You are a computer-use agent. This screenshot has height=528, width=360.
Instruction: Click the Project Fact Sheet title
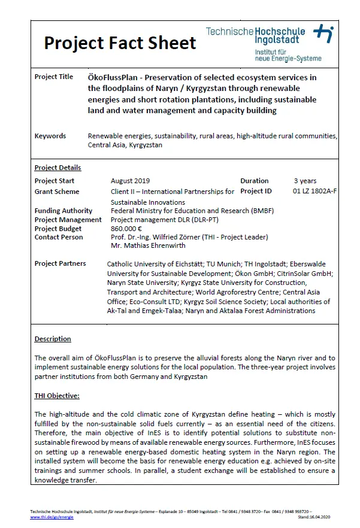pyautogui.click(x=120, y=43)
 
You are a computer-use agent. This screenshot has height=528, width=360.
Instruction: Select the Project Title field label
pyautogui.click(x=54, y=77)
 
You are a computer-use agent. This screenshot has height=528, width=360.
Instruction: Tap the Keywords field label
pyautogui.click(x=50, y=136)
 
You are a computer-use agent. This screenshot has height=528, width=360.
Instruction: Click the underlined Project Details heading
pyautogui.click(x=58, y=168)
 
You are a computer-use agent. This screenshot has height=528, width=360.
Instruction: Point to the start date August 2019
pyautogui.click(x=130, y=181)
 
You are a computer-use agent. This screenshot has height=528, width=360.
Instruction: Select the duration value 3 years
pyautogui.click(x=305, y=181)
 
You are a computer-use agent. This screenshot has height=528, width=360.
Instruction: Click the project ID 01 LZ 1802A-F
pyautogui.click(x=314, y=192)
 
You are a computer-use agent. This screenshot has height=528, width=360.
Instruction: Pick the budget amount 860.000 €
pyautogui.click(x=126, y=229)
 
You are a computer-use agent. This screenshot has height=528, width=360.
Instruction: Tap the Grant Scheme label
pyautogui.click(x=57, y=192)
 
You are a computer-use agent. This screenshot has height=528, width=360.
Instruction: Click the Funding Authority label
pyautogui.click(x=63, y=211)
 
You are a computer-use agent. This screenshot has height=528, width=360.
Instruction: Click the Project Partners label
pyautogui.click(x=60, y=263)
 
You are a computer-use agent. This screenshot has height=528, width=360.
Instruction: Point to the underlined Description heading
pyautogui.click(x=53, y=339)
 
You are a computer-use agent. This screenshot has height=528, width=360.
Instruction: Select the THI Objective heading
pyautogui.click(x=57, y=396)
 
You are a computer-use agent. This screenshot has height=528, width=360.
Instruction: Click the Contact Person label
pyautogui.click(x=59, y=237)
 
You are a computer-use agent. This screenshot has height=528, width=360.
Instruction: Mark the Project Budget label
pyautogui.click(x=59, y=229)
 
